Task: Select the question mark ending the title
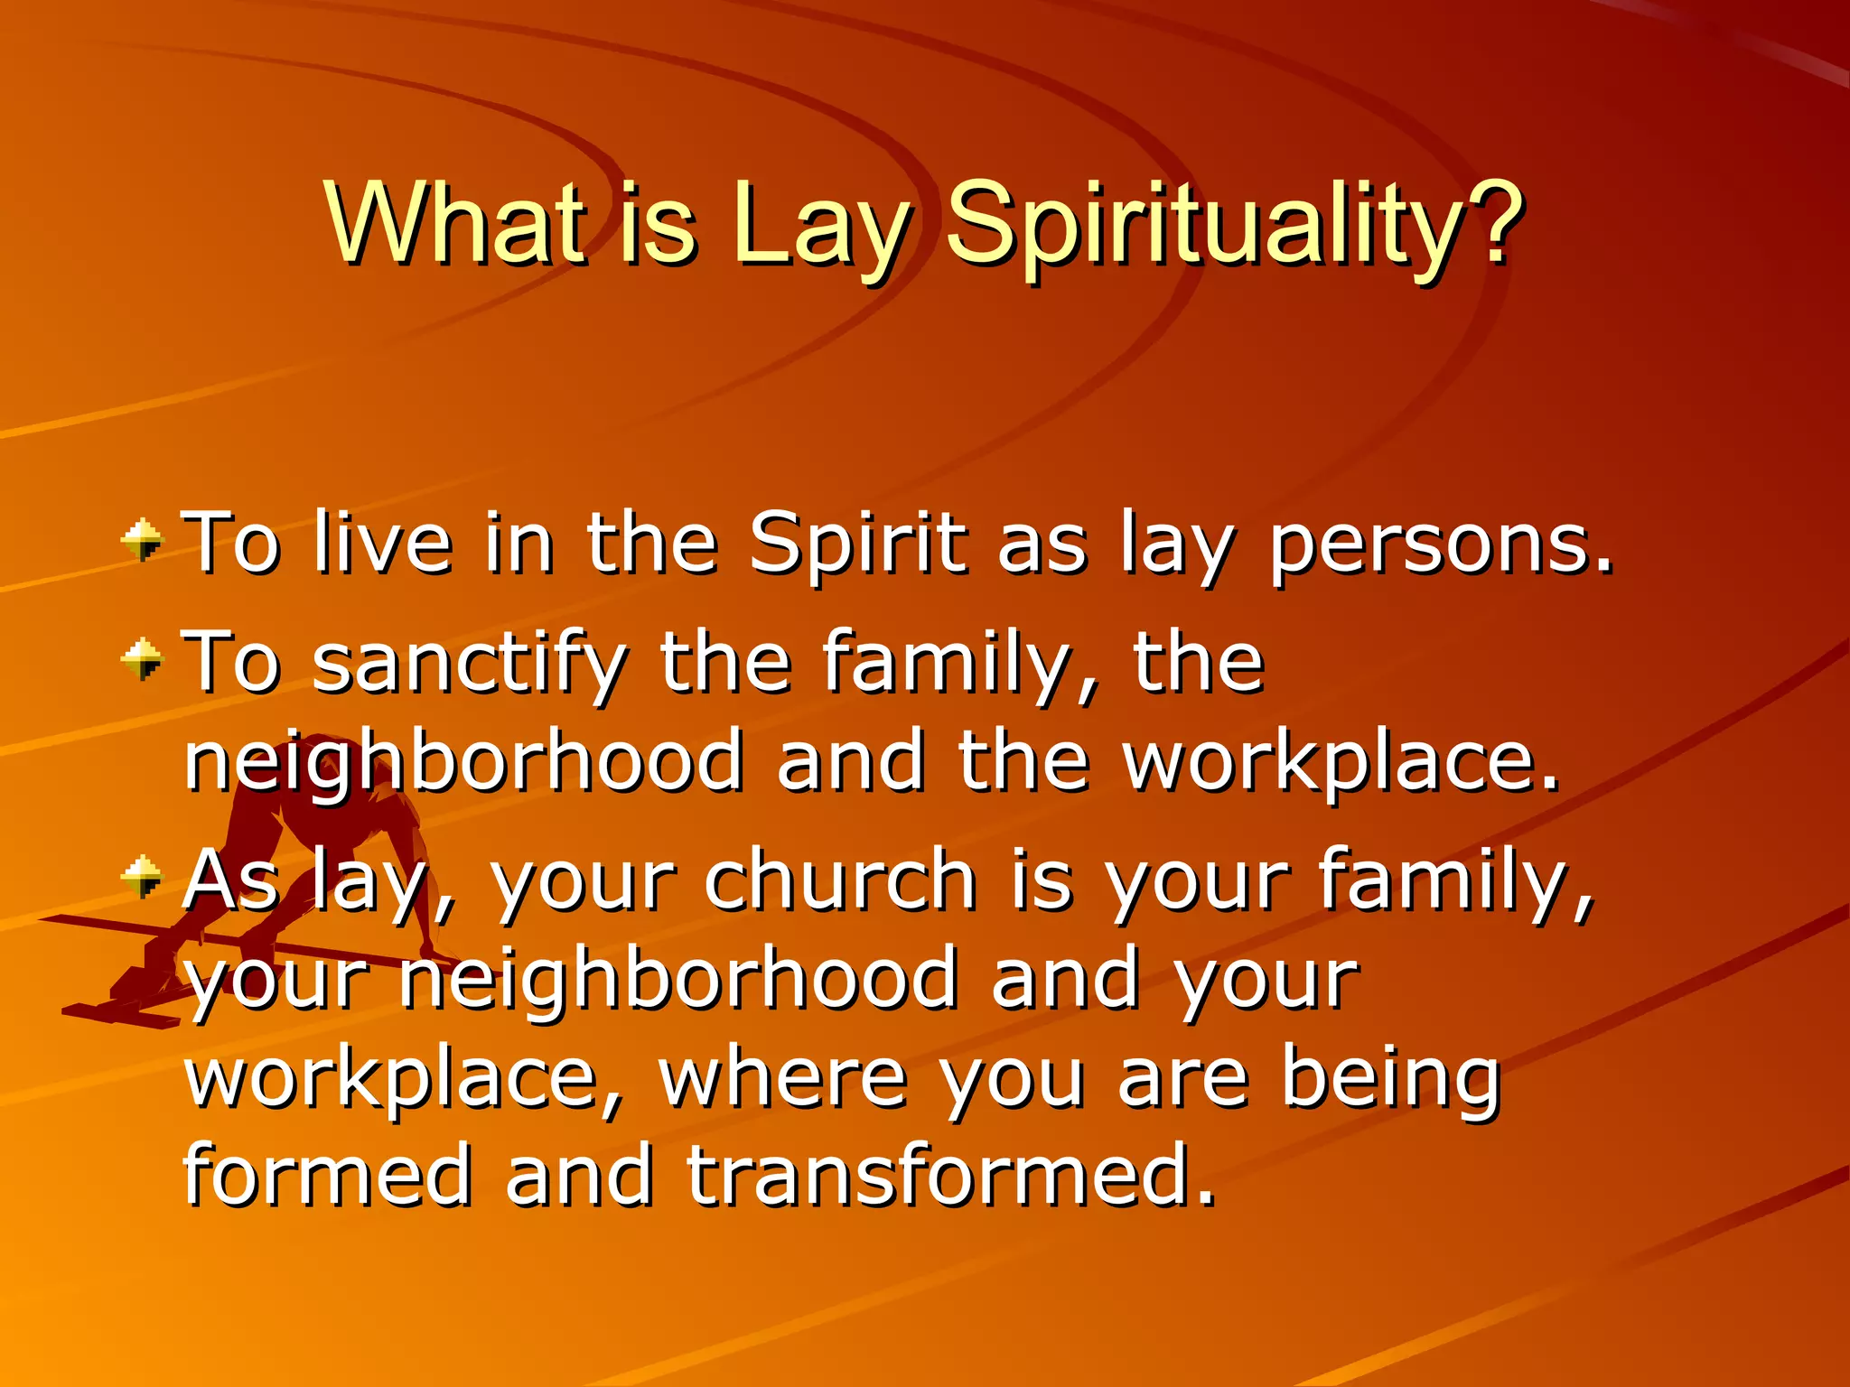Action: pyautogui.click(x=1495, y=222)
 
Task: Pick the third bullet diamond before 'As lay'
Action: pyautogui.click(x=143, y=876)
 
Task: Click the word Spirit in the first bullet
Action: pyautogui.click(x=857, y=545)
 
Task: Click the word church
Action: pyautogui.click(x=840, y=880)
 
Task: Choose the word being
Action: pyautogui.click(x=1391, y=1079)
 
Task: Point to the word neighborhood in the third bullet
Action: pyautogui.click(x=677, y=979)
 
